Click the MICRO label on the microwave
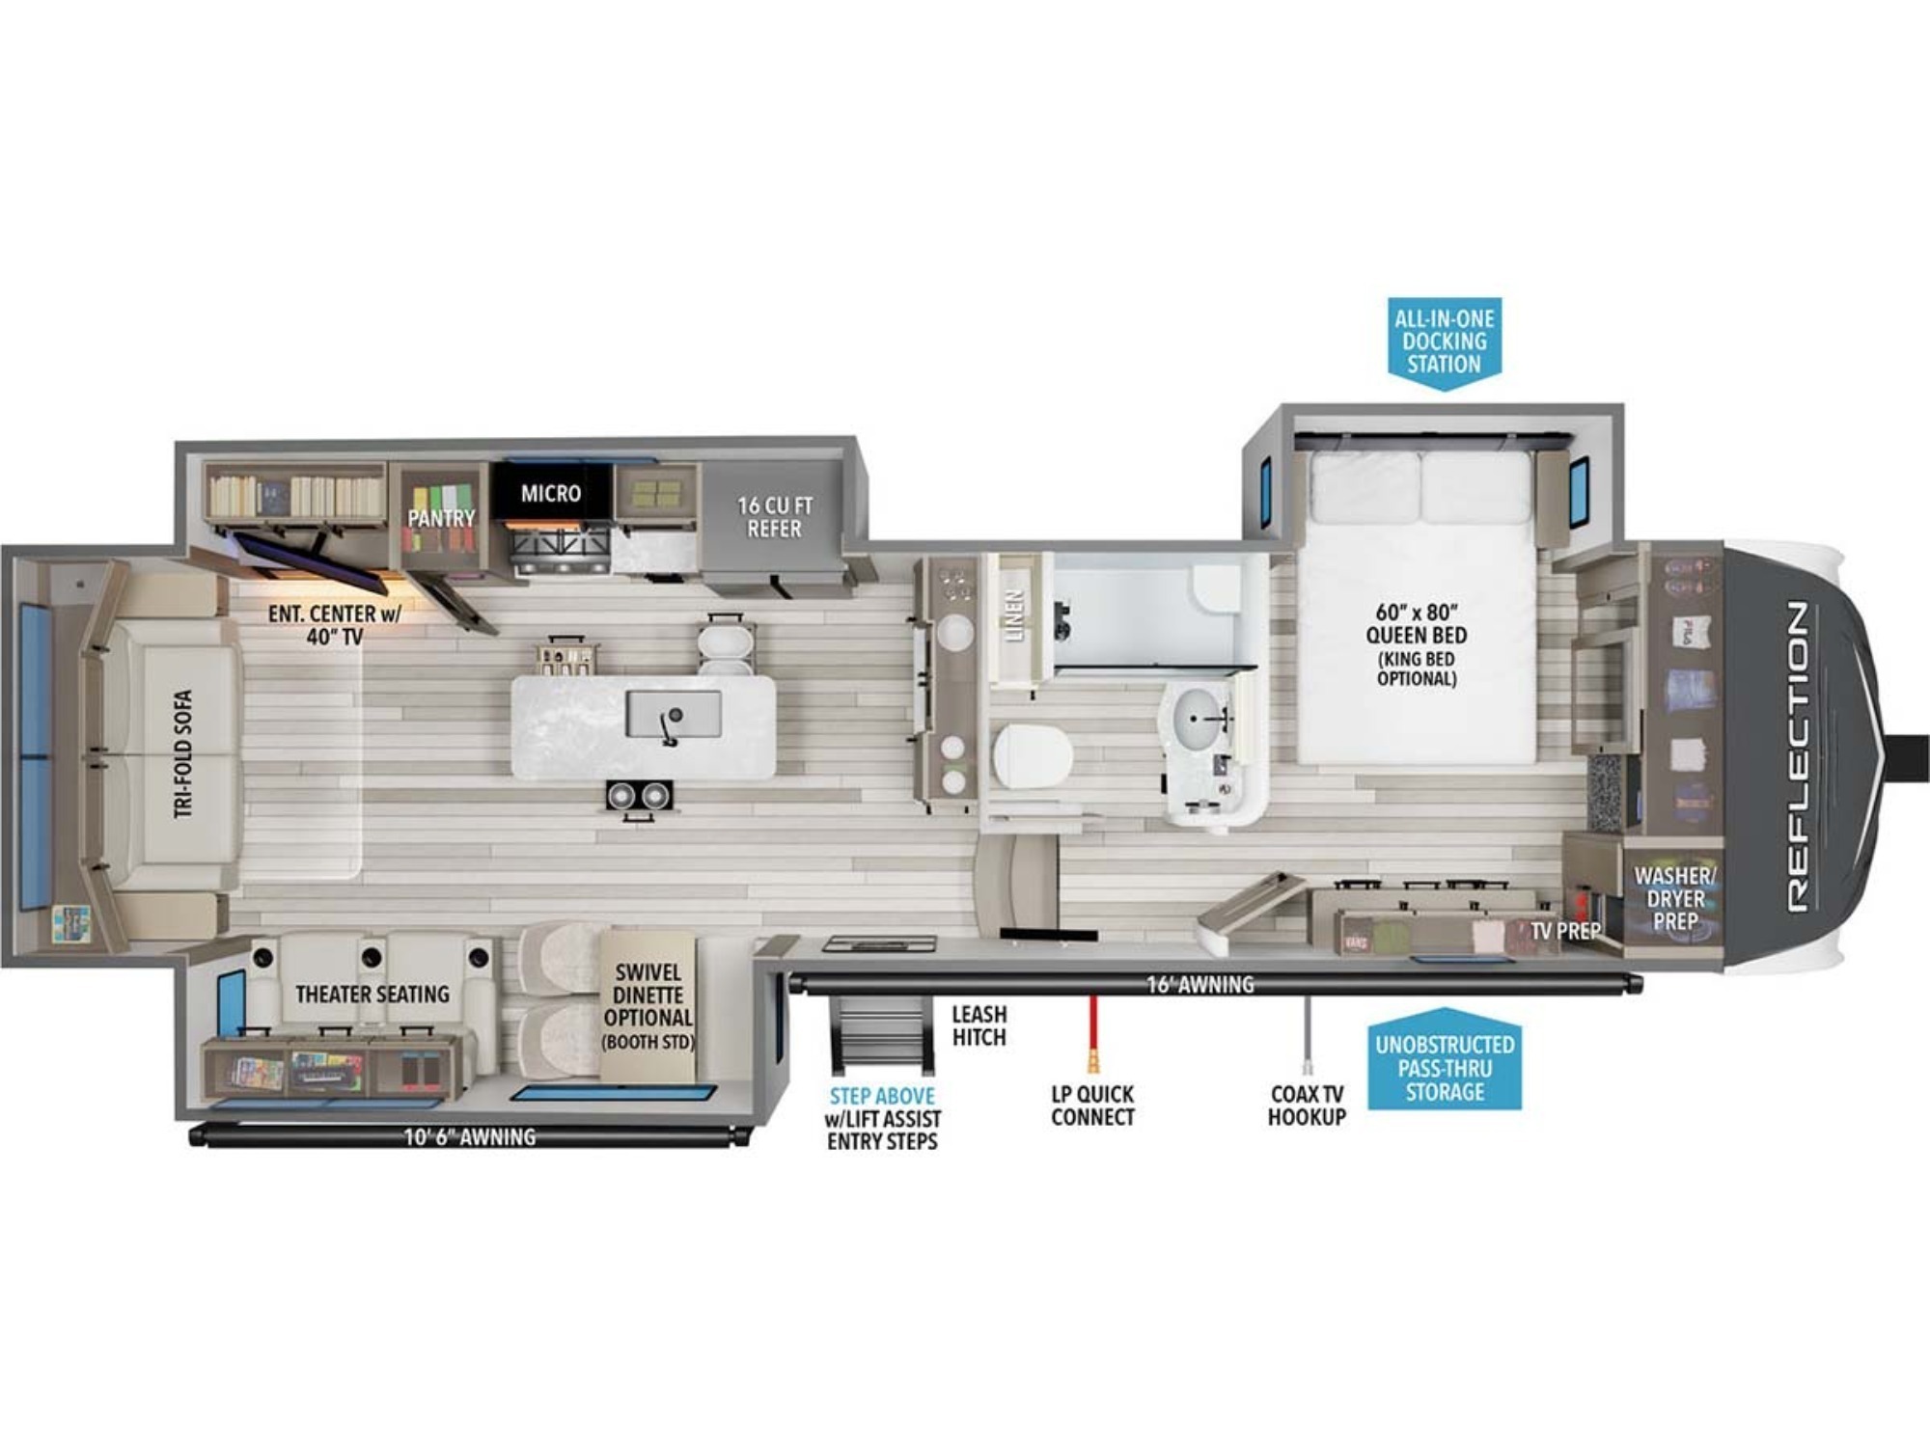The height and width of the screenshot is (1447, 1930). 551,494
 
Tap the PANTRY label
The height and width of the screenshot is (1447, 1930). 441,518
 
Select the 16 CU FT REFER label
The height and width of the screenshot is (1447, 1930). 775,517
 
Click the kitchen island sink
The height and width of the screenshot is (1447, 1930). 674,715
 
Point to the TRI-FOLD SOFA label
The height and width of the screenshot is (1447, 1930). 183,754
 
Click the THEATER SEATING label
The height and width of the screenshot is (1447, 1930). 372,994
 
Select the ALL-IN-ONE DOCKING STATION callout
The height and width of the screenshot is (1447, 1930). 1445,341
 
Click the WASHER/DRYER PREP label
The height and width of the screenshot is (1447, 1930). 1675,898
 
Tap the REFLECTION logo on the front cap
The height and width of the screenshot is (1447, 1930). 1797,756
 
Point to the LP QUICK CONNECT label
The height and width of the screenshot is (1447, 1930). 1092,1106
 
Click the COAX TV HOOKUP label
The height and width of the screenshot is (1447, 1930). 1307,1106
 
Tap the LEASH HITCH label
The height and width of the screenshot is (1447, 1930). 979,1025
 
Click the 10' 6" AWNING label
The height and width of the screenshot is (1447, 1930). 469,1137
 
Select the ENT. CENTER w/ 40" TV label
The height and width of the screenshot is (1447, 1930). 334,625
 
